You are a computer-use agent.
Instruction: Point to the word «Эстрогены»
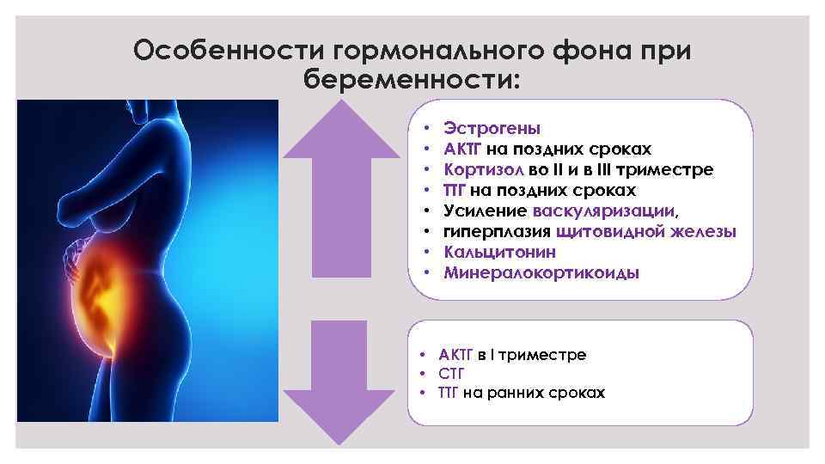tap(492, 128)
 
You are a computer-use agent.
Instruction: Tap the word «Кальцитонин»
tap(499, 252)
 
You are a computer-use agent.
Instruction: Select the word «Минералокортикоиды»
tap(541, 272)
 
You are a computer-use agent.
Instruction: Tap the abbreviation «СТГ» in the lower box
tap(451, 374)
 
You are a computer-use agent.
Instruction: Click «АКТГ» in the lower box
tap(456, 354)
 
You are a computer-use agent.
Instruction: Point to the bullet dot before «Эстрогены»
tap(428, 128)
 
